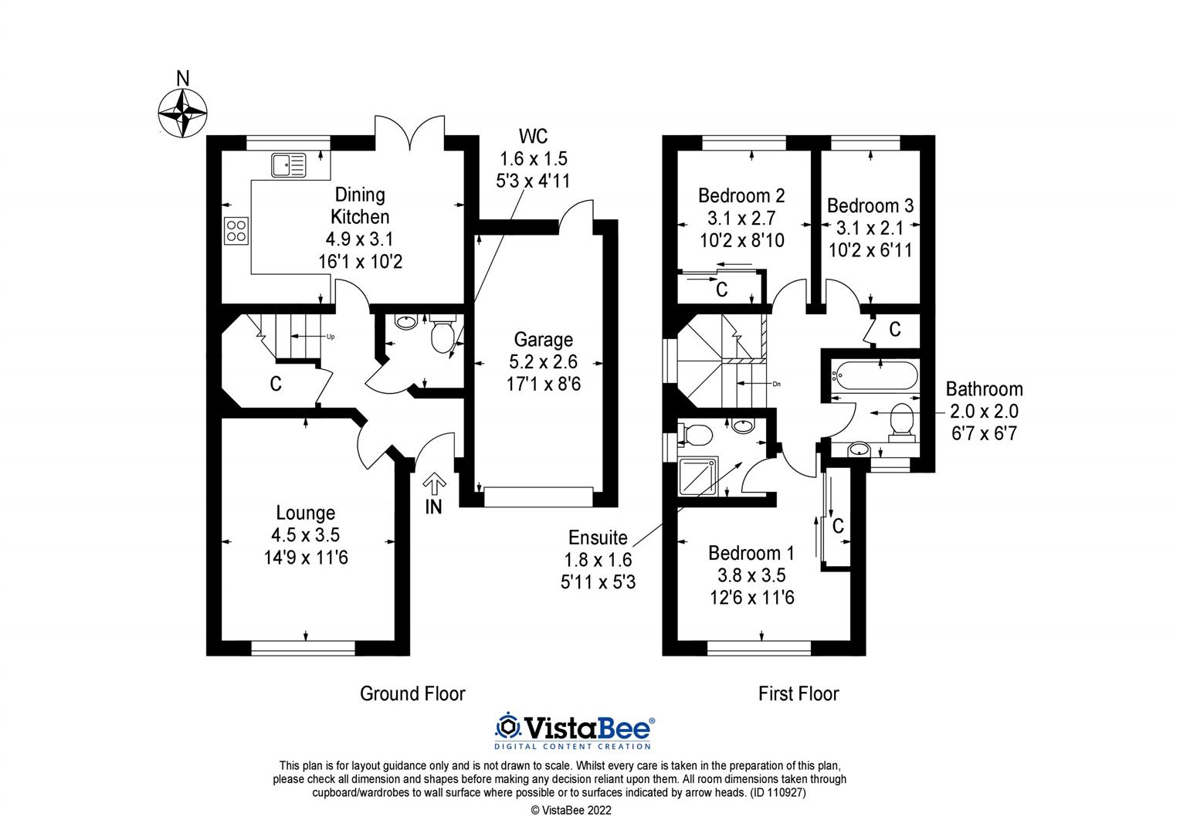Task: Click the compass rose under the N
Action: coord(183,113)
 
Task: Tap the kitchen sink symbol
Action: coord(288,164)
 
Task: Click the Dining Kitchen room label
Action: coord(360,205)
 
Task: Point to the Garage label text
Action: coord(544,340)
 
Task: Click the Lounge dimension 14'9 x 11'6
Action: coord(306,556)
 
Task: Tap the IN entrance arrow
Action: coord(434,485)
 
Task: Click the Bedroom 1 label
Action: coord(751,553)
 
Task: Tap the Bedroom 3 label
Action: coord(870,205)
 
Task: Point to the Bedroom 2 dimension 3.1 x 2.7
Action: coord(741,218)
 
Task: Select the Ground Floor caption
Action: coord(412,693)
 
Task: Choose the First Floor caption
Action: coord(798,693)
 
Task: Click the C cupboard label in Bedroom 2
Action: coord(722,290)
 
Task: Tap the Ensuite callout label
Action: coord(598,537)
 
